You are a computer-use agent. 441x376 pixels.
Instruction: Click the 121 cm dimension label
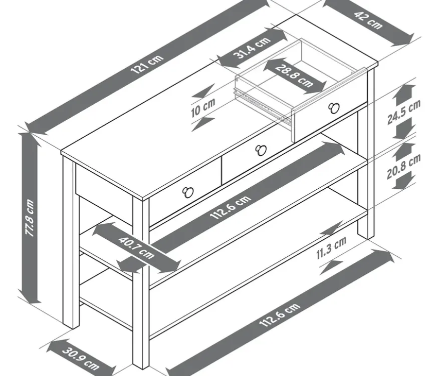pyautogui.click(x=147, y=64)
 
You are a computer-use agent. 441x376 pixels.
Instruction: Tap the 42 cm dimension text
pyautogui.click(x=368, y=20)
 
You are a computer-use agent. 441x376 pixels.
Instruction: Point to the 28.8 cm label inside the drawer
pyautogui.click(x=294, y=75)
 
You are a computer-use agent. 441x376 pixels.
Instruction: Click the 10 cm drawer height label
pyautogui.click(x=203, y=108)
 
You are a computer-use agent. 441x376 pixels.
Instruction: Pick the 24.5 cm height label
pyautogui.click(x=403, y=112)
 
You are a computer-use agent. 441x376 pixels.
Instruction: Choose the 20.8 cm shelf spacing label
pyautogui.click(x=403, y=166)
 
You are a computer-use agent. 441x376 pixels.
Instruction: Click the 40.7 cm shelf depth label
pyautogui.click(x=136, y=247)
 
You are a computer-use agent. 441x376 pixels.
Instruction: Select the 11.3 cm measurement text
pyautogui.click(x=331, y=247)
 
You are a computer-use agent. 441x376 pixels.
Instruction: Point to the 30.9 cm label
pyautogui.click(x=81, y=358)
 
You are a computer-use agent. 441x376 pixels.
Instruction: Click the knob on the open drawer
pyautogui.click(x=334, y=108)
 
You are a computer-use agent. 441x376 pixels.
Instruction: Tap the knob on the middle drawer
pyautogui.click(x=261, y=150)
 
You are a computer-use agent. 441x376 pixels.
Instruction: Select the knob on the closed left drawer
pyautogui.click(x=187, y=192)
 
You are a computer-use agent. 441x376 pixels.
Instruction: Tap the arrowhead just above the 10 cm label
pyautogui.click(x=203, y=91)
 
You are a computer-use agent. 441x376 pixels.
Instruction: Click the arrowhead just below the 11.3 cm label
pyautogui.click(x=331, y=267)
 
